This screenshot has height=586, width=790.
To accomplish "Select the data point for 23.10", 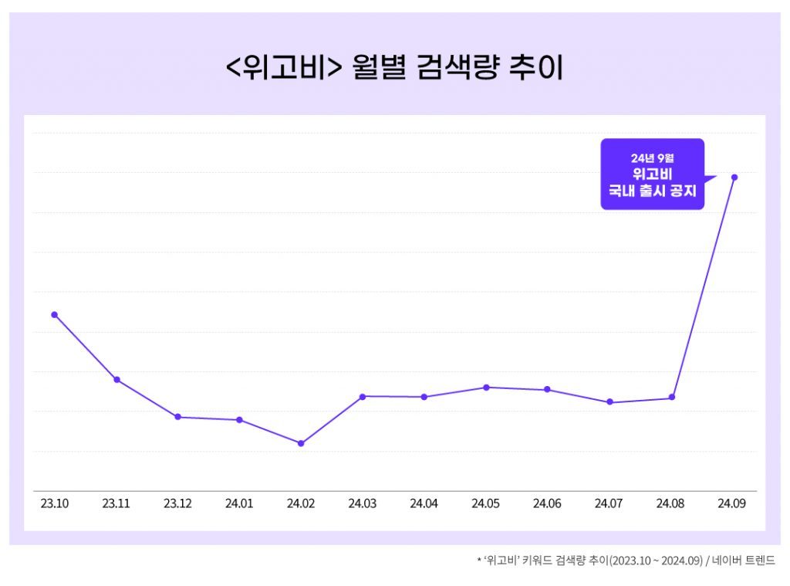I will tap(54, 314).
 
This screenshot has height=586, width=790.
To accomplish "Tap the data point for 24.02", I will tap(301, 443).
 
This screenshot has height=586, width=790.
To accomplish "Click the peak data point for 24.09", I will tap(734, 178).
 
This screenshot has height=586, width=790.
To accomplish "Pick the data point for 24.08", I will tap(672, 398).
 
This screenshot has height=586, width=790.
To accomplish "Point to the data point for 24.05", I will tap(486, 387).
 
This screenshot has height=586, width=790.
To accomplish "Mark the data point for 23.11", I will tap(116, 380).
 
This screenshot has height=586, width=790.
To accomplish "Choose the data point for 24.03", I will tap(363, 396).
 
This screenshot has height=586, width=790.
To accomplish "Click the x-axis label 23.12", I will tap(177, 503).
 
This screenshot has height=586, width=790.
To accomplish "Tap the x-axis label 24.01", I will tap(239, 503).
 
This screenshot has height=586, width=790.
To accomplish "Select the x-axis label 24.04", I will tap(424, 503).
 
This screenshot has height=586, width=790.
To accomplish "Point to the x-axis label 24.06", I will tap(547, 503).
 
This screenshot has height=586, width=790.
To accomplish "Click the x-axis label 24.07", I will tap(609, 503).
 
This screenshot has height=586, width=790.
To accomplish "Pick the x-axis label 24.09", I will tap(731, 503).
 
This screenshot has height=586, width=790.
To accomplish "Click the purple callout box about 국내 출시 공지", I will tap(652, 174).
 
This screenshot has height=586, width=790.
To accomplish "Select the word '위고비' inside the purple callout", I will tap(652, 174).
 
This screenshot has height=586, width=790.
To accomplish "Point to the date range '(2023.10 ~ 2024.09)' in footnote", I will tap(655, 561).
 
